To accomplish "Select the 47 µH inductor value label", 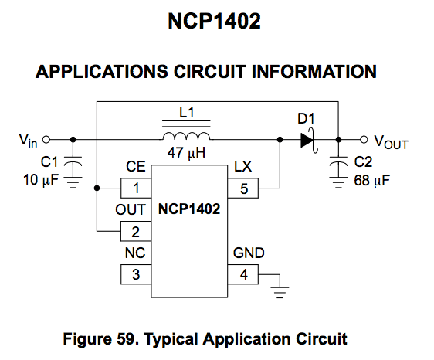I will (186, 154).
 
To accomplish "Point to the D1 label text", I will (307, 120).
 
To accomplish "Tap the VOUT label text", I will (391, 142).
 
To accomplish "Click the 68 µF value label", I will (371, 182).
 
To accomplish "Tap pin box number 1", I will (136, 188).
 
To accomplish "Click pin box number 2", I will (136, 230).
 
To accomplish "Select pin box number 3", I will (136, 273).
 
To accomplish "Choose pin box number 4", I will (244, 273).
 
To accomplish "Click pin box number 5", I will (244, 188).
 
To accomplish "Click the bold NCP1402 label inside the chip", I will (190, 209).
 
